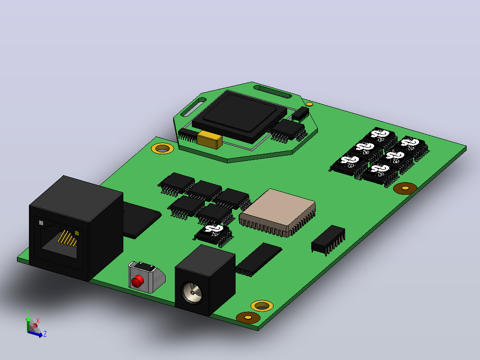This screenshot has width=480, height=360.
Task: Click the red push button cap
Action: point(138,281)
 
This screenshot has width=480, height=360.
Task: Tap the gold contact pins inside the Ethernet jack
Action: point(67,238)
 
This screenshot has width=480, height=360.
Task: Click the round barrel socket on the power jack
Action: point(192,293)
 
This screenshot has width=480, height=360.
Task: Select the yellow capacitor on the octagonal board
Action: point(210,140)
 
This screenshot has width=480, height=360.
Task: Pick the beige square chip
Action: point(277,213)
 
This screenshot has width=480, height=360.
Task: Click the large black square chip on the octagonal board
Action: point(240,115)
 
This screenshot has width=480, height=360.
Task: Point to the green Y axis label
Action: point(28,312)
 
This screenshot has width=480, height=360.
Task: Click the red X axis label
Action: point(38,321)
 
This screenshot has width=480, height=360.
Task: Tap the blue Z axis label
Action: point(45,334)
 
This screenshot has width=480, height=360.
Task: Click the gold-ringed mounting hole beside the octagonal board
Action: point(163,149)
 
